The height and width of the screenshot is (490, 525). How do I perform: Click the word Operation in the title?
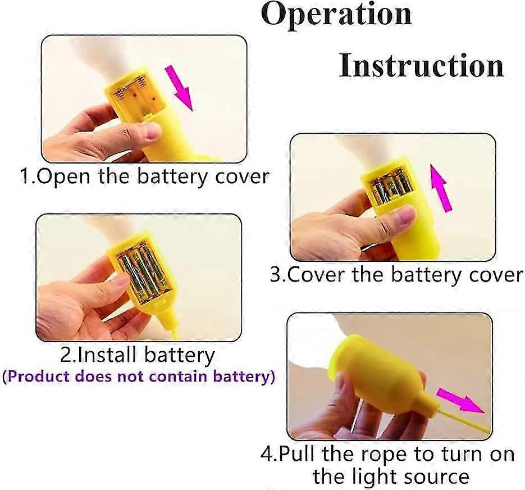[336, 14]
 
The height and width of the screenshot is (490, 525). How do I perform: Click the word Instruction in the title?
[421, 65]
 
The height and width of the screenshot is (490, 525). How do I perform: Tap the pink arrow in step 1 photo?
[180, 87]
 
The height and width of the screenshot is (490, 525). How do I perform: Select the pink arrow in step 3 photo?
[441, 188]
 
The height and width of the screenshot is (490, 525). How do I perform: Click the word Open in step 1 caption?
[63, 177]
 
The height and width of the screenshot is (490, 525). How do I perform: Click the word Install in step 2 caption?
[107, 355]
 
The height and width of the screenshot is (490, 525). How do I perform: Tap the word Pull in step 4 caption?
[297, 455]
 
